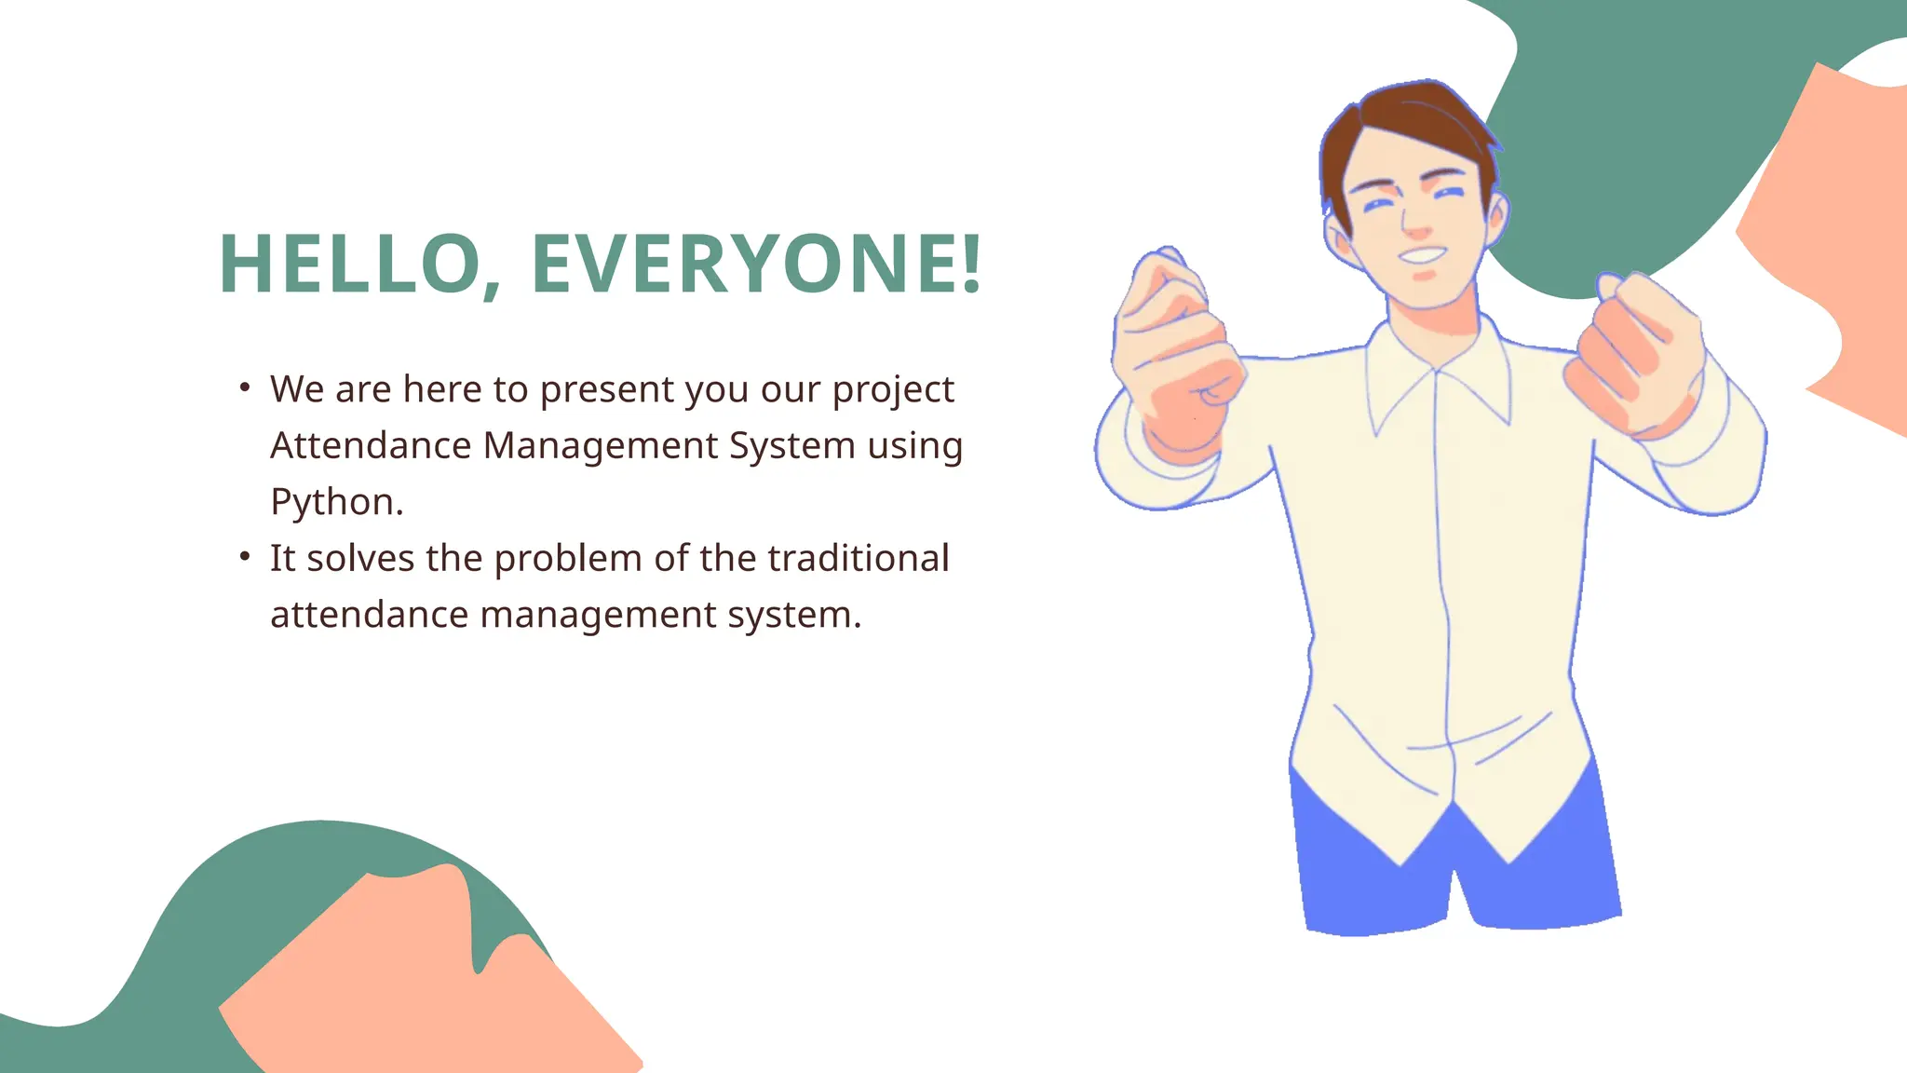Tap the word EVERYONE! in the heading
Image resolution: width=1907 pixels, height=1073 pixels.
point(755,265)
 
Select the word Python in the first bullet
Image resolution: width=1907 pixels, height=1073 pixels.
point(332,502)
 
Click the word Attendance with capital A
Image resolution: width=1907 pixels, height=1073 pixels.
point(371,445)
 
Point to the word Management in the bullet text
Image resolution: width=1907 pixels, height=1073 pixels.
point(601,445)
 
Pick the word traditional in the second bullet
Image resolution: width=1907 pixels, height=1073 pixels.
point(858,558)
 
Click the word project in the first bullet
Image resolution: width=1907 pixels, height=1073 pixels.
point(893,389)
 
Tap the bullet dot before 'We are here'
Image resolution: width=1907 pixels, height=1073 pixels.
point(244,387)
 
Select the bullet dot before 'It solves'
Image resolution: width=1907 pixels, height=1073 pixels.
point(244,556)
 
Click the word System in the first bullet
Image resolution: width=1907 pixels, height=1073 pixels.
point(791,445)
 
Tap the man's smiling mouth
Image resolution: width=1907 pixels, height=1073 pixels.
point(1422,253)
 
